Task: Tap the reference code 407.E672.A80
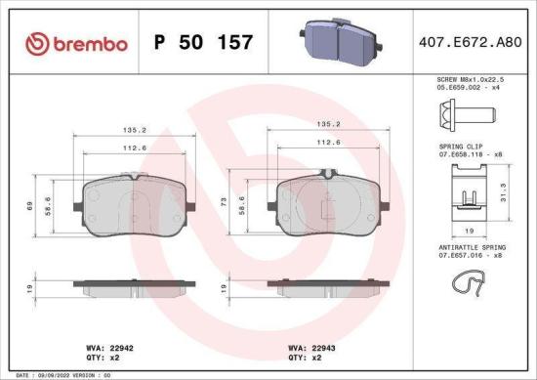tap(469, 43)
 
